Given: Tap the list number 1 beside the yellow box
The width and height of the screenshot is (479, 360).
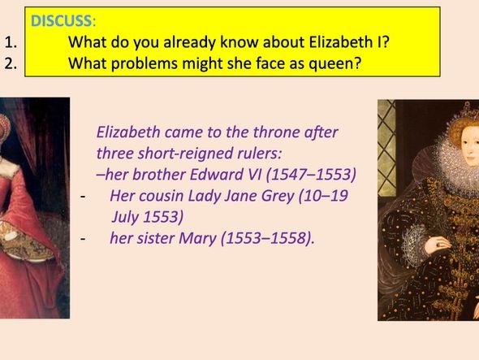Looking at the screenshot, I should tap(9, 44).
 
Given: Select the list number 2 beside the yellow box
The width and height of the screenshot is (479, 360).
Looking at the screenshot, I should tap(9, 64).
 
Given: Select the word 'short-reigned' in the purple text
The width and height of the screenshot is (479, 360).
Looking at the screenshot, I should tap(179, 154).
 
